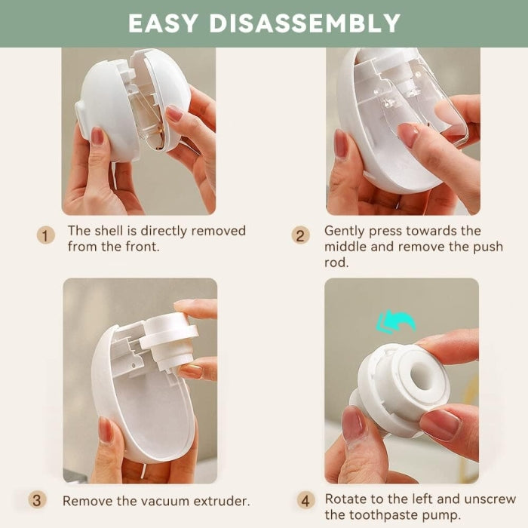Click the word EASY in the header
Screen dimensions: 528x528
click(x=163, y=23)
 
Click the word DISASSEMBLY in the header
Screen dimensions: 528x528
click(x=305, y=23)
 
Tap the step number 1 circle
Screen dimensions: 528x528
click(x=45, y=235)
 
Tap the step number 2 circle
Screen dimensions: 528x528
click(x=300, y=235)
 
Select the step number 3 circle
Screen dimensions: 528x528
click(x=37, y=500)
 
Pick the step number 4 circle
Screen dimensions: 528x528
click(x=305, y=500)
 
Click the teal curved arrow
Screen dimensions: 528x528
click(x=396, y=321)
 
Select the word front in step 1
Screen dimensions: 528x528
click(x=141, y=247)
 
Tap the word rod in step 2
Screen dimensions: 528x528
click(x=336, y=262)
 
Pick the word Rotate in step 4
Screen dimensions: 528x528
click(x=342, y=499)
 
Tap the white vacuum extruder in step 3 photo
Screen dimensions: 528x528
click(x=168, y=339)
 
